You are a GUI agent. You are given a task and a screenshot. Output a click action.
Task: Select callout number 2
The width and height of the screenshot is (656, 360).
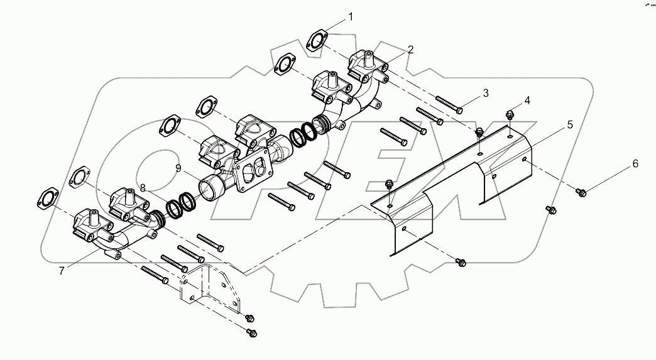[x=410, y=49]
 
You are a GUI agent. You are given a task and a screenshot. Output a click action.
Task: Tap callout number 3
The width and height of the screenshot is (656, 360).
[x=486, y=93]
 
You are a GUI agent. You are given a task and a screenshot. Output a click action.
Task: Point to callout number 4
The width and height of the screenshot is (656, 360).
[x=527, y=101]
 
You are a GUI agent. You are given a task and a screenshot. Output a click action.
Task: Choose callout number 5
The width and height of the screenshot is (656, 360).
[x=570, y=124]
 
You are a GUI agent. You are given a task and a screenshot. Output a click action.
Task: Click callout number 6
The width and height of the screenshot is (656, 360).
[x=635, y=163]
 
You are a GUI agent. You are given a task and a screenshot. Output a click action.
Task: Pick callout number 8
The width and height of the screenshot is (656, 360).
[x=143, y=187]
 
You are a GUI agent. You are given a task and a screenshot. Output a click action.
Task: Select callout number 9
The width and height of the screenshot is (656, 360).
[x=178, y=168]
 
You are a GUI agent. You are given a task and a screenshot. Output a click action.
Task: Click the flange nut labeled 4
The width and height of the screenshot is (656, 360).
[x=509, y=116]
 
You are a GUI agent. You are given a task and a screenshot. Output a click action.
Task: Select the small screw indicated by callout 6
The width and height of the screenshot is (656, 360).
[x=582, y=192]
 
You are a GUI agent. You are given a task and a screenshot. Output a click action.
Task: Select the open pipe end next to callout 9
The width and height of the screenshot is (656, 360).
[x=210, y=187]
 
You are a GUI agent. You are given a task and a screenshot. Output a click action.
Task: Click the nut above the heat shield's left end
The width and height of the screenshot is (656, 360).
[x=388, y=185]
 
